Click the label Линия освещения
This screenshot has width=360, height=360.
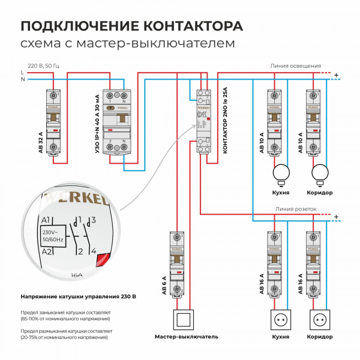tap(296, 66)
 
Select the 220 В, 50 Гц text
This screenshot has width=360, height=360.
tap(45, 64)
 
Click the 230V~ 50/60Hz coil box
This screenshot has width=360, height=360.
tap(52, 235)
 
